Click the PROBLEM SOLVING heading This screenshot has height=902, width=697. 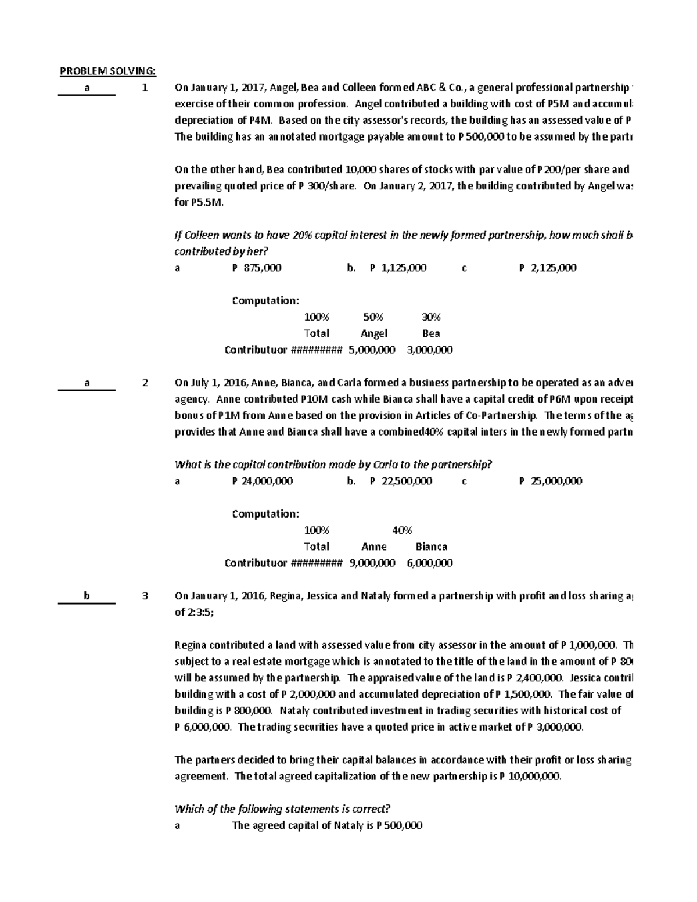(x=108, y=71)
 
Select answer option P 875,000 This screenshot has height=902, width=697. (x=256, y=268)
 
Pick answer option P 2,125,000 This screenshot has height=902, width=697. (x=547, y=268)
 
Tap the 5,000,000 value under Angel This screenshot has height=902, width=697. (x=372, y=350)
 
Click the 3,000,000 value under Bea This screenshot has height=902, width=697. (x=430, y=350)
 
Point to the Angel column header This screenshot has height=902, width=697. (x=373, y=333)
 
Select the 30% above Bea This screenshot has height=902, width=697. (x=431, y=317)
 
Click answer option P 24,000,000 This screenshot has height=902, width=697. (x=262, y=481)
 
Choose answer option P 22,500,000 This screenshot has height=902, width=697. (x=401, y=481)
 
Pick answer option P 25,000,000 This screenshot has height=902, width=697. (x=550, y=481)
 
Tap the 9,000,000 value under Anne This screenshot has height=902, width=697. (x=372, y=563)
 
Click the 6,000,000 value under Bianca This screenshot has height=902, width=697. (x=430, y=563)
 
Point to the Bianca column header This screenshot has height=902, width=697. (x=431, y=547)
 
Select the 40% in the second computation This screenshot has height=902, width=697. (x=402, y=530)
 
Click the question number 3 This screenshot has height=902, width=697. (x=145, y=596)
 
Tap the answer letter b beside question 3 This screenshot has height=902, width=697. (x=87, y=596)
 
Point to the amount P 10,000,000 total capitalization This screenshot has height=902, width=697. (x=530, y=777)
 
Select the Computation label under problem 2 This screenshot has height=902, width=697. (x=265, y=514)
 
